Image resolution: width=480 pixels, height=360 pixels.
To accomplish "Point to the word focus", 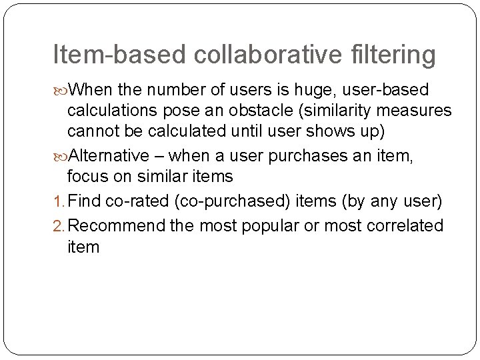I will [x=86, y=176].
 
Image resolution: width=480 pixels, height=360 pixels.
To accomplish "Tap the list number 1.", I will [x=57, y=202].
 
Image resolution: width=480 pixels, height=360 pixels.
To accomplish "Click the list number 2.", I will [x=57, y=226].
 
